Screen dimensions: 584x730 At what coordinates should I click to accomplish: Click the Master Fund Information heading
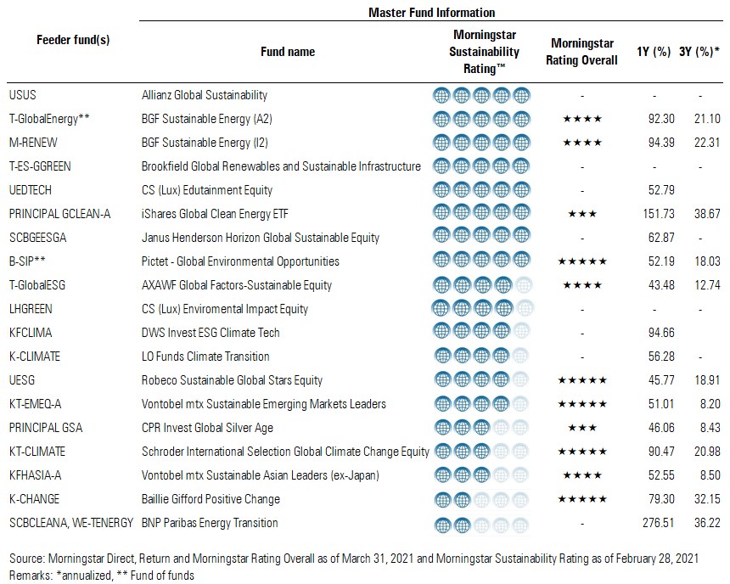pos(432,13)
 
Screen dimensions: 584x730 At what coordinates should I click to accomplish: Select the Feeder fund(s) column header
pos(73,40)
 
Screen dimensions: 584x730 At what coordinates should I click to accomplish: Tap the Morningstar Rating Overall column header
pos(583,51)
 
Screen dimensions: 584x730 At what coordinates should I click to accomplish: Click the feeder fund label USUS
pos(22,95)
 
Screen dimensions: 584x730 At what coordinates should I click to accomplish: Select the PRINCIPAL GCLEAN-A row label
pos(59,214)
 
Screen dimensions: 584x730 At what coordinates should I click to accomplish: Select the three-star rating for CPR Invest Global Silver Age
pos(582,428)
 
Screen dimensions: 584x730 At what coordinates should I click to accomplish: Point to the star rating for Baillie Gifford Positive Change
pos(582,499)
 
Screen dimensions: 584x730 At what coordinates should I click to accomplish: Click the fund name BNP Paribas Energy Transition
pos(210,523)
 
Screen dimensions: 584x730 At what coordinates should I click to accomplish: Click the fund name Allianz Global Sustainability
pos(205,95)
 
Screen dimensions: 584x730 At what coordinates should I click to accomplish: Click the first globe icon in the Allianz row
pos(441,95)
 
